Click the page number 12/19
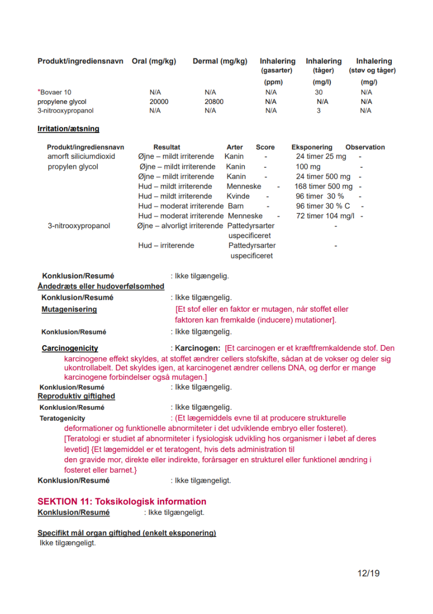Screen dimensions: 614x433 click(x=368, y=573)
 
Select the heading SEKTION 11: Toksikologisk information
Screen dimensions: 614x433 click(x=122, y=501)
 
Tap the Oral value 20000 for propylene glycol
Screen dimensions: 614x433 click(x=159, y=102)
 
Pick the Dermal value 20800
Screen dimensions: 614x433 click(x=214, y=102)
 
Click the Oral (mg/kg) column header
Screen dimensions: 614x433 click(x=154, y=62)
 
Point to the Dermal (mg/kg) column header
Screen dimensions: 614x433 click(x=220, y=62)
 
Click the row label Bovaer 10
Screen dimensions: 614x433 click(x=56, y=92)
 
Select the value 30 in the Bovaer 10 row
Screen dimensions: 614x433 click(x=318, y=92)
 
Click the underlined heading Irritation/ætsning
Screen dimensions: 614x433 click(x=68, y=129)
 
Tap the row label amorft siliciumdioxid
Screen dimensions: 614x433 click(x=81, y=156)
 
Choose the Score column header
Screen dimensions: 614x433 click(x=265, y=147)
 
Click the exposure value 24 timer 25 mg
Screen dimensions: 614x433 click(x=320, y=156)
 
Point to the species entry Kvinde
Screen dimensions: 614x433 click(x=238, y=197)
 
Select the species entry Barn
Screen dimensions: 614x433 click(x=236, y=206)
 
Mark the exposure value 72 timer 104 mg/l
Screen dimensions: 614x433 click(x=325, y=216)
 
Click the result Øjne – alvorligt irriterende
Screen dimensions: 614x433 click(x=180, y=226)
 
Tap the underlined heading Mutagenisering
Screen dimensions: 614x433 click(x=69, y=310)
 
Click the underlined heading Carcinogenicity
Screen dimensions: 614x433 click(x=70, y=348)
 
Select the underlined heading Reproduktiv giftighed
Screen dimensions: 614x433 click(x=76, y=396)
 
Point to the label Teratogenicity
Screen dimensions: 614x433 click(x=63, y=418)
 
